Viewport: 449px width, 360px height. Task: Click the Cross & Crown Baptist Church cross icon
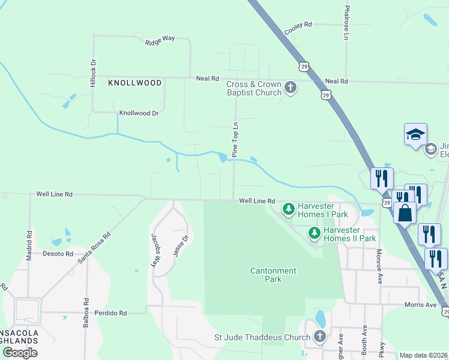coord(291,88)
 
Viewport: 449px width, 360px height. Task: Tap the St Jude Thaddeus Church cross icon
coord(319,337)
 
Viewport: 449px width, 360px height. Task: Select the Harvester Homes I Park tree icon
coord(289,209)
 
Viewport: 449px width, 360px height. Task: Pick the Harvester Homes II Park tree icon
coord(314,233)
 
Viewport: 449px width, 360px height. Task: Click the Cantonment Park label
coord(273,275)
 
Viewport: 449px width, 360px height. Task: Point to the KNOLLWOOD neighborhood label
coord(134,82)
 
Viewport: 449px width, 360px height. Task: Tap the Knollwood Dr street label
coord(138,113)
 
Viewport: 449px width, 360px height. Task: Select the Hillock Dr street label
coord(93,74)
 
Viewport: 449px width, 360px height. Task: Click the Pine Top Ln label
coord(235,140)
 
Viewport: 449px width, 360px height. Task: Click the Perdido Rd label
coord(110,313)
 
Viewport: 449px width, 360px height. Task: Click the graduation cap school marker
coord(415,135)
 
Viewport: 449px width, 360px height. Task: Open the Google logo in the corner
coord(20,353)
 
